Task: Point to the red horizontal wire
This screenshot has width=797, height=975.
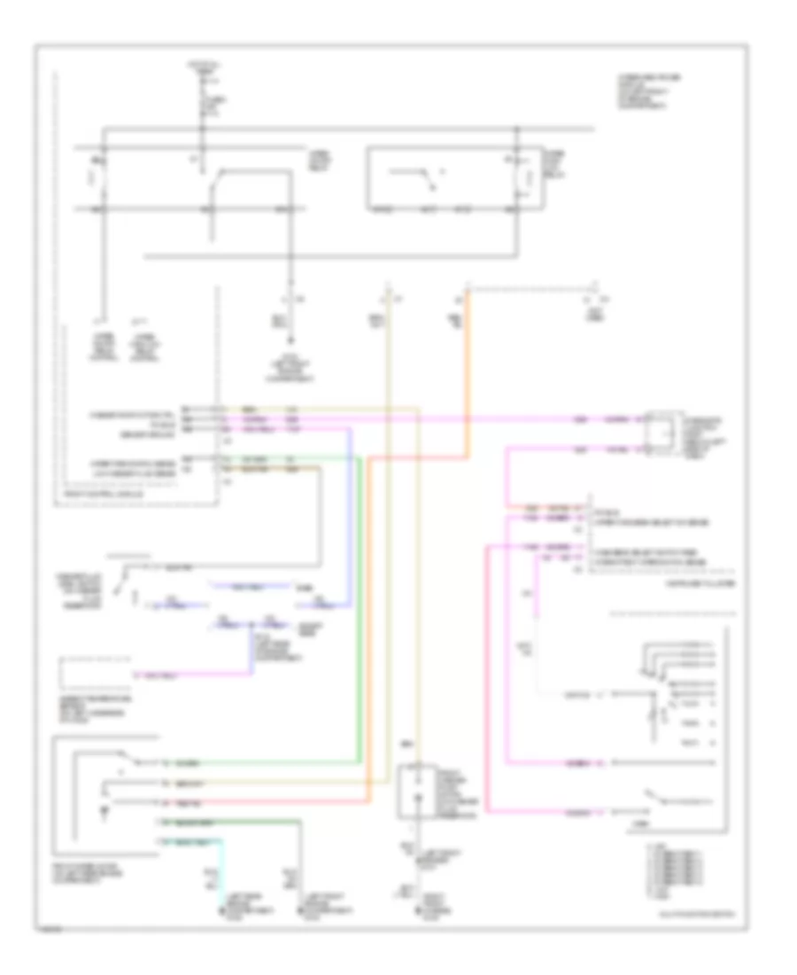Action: pos(266,801)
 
